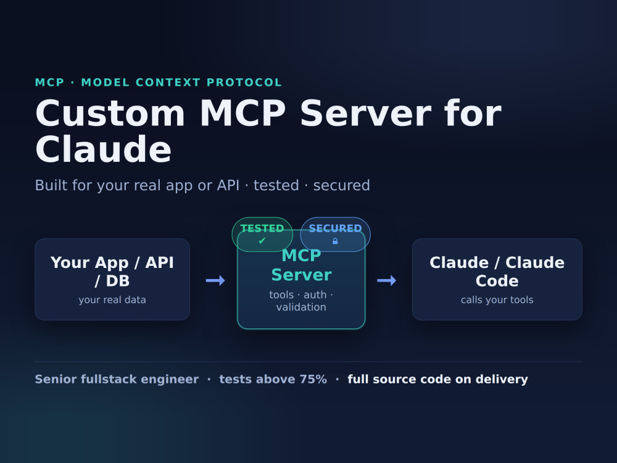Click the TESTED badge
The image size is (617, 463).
(262, 234)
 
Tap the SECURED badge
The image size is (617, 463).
(335, 234)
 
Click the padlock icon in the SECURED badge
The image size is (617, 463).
(335, 241)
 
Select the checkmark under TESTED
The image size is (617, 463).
(262, 241)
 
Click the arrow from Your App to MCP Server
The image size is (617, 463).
(215, 280)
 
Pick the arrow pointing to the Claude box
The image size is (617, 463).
(386, 280)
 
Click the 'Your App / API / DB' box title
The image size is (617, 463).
(112, 272)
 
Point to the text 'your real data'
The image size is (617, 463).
(112, 300)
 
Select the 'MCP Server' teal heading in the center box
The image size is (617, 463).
(302, 265)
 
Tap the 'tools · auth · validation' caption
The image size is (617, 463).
(302, 301)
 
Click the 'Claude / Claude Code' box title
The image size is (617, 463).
(497, 272)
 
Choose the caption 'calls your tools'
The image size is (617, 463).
(497, 300)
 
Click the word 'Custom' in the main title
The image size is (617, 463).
(110, 114)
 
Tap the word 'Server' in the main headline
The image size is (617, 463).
(365, 114)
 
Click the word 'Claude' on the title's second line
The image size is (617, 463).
(103, 149)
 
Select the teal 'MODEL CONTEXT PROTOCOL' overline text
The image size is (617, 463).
(181, 83)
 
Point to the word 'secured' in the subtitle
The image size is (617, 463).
(342, 185)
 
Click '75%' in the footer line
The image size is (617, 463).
(313, 379)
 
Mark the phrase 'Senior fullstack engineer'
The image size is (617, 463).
(117, 379)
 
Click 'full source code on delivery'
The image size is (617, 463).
(437, 379)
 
